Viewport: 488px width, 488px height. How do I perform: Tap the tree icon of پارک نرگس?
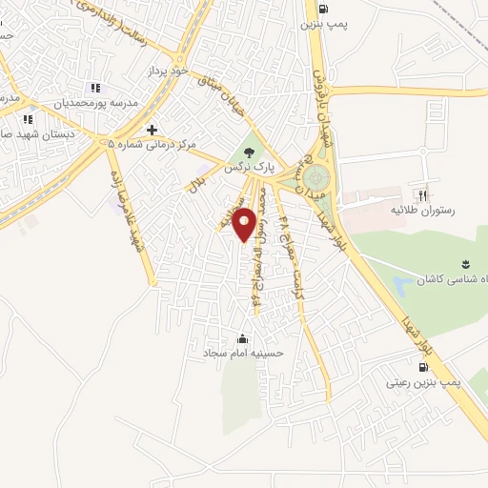[249, 151]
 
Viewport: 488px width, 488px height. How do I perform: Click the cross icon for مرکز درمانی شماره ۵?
[151, 130]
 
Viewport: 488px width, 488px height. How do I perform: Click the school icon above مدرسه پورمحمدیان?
[94, 88]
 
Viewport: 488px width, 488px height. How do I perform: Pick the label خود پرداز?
[170, 71]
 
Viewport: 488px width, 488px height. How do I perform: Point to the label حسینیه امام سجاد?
[241, 353]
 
